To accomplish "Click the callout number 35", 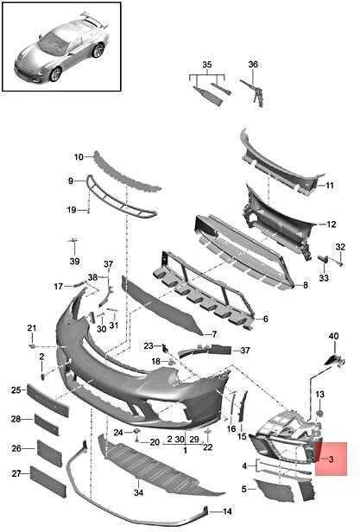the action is [x=207, y=65].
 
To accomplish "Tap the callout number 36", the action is [x=253, y=64].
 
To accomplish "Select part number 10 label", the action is [x=79, y=157].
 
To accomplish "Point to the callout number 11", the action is [x=330, y=185].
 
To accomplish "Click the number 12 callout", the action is [x=332, y=225].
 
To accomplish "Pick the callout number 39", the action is [x=74, y=261].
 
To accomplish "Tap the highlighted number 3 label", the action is [x=332, y=459].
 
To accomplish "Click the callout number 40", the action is [x=333, y=336].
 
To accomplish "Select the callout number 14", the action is [x=227, y=511].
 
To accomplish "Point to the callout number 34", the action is [x=138, y=492].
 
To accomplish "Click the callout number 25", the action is [x=16, y=390].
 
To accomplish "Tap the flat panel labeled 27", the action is [x=47, y=482].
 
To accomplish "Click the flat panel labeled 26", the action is [x=49, y=453].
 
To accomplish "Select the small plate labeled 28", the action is [x=47, y=424].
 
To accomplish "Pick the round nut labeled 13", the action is [x=319, y=413].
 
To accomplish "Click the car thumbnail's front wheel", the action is [x=55, y=74].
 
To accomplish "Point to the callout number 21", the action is [x=32, y=328].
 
